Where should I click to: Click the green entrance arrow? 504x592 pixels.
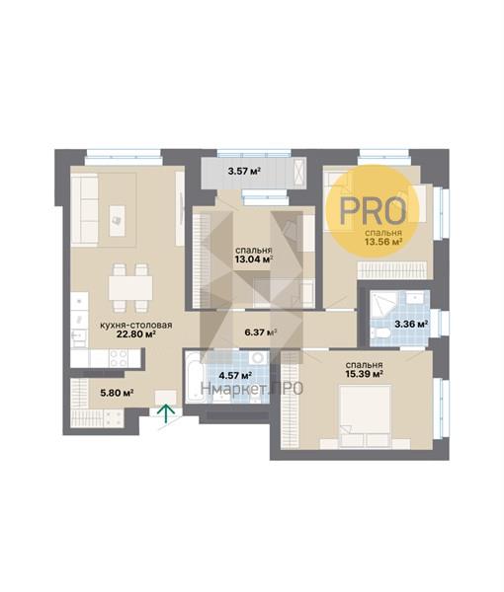[x=166, y=414]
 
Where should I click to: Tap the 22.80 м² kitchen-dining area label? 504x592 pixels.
[x=136, y=334]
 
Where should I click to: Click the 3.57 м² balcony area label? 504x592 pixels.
[x=245, y=171]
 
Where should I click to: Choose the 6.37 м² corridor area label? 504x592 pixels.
[x=261, y=333]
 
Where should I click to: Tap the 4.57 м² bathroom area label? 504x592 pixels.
[x=235, y=375]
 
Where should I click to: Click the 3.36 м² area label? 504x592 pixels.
[x=411, y=324]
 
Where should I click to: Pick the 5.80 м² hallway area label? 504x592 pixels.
[x=117, y=393]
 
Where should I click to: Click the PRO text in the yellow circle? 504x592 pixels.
[x=373, y=210]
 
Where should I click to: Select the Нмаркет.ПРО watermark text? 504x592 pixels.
[x=252, y=388]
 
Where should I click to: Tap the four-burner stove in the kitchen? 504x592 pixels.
[x=119, y=357]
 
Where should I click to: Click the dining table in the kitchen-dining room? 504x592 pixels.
[x=130, y=288]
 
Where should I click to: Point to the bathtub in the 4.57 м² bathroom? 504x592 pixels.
[x=195, y=378]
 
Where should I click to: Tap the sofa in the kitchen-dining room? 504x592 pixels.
[x=84, y=210]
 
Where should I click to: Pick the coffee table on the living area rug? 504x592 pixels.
[x=117, y=221]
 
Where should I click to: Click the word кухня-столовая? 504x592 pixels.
[x=136, y=325]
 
